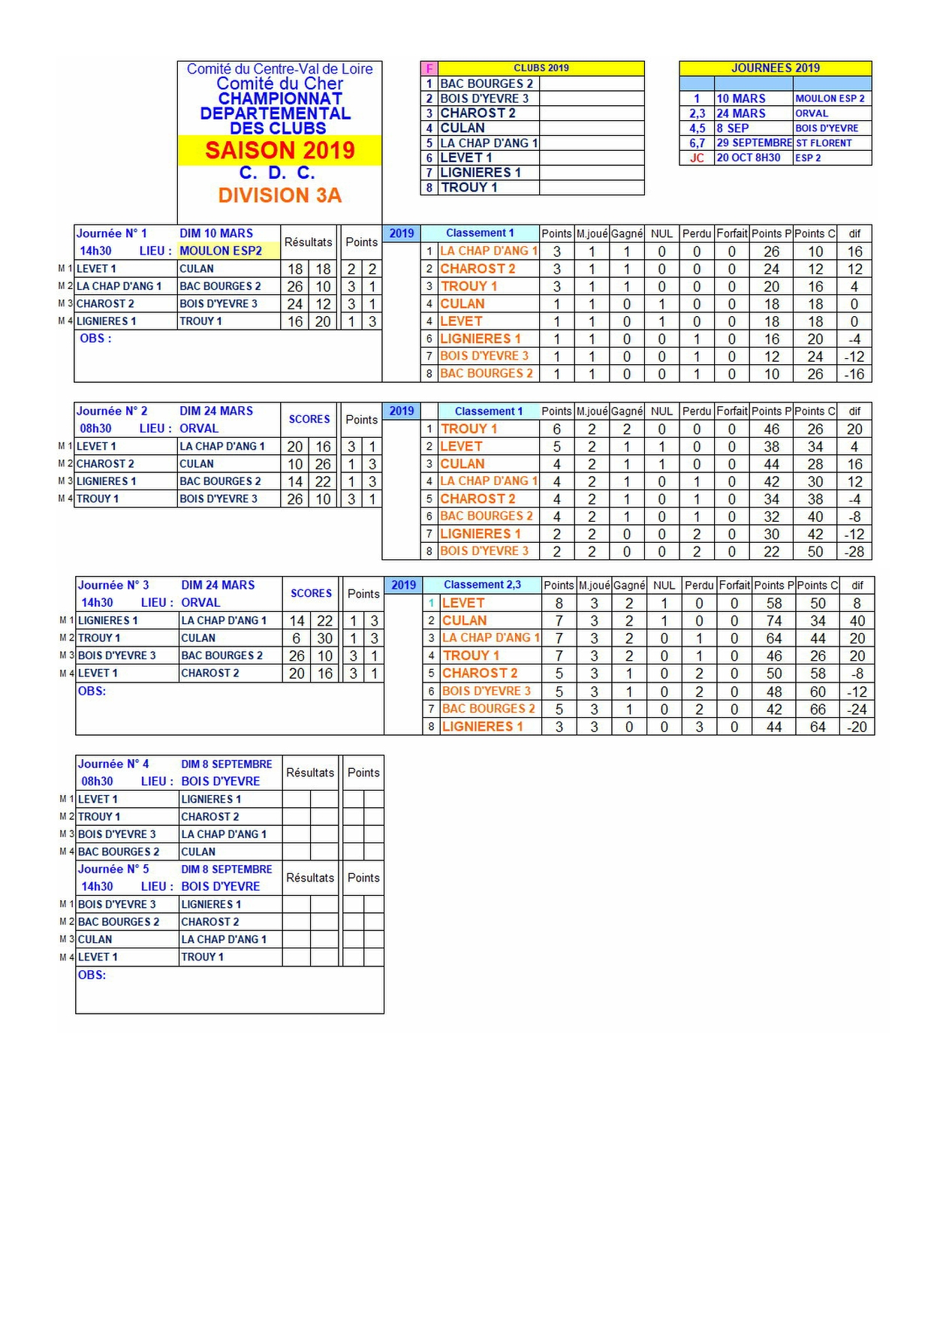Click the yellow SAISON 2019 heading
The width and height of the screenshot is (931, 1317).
pyautogui.click(x=279, y=150)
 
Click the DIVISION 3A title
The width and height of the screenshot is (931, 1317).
pyautogui.click(x=279, y=195)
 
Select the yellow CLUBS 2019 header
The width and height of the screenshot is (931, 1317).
pyautogui.click(x=541, y=68)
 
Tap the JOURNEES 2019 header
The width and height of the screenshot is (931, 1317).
pyautogui.click(x=775, y=68)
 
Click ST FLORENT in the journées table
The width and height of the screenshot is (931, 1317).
pyautogui.click(x=824, y=143)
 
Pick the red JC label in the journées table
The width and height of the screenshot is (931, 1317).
pyautogui.click(x=697, y=158)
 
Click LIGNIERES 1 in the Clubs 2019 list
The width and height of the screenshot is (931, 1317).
pyautogui.click(x=480, y=173)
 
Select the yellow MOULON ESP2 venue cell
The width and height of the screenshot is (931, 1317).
pyautogui.click(x=221, y=251)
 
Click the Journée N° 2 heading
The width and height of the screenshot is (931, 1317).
pyautogui.click(x=113, y=411)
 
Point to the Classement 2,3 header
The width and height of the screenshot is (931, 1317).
pyautogui.click(x=482, y=585)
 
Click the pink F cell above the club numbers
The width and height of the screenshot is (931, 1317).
pyautogui.click(x=429, y=68)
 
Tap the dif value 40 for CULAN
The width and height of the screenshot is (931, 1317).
pyautogui.click(x=857, y=621)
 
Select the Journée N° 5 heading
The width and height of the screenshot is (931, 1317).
pyautogui.click(x=114, y=869)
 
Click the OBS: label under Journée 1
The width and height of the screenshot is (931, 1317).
pyautogui.click(x=95, y=339)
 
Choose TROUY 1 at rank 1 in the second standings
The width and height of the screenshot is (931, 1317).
pyautogui.click(x=469, y=429)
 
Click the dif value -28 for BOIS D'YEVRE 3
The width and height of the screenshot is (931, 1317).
pyautogui.click(x=854, y=552)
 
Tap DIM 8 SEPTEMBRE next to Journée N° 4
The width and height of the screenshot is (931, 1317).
pyautogui.click(x=227, y=764)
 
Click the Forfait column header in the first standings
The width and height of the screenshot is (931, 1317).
pyautogui.click(x=731, y=234)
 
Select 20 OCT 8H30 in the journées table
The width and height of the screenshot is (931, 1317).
pyautogui.click(x=749, y=158)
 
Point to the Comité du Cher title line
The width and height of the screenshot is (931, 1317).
pyautogui.click(x=279, y=83)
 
